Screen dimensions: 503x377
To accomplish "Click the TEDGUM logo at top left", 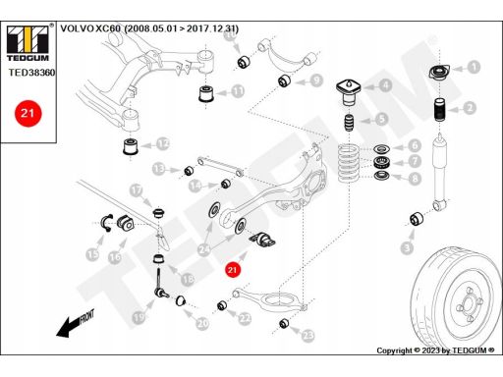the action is coord(28,43).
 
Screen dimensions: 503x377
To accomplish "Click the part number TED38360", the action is coord(31,73).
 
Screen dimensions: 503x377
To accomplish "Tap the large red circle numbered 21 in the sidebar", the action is coord(28,113).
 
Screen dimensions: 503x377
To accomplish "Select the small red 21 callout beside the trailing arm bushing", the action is coord(232,270).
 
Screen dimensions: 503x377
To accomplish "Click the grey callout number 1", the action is coord(474,67).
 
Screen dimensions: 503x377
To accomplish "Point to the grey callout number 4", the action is coord(386,85).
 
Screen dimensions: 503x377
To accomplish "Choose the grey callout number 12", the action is coord(163,143).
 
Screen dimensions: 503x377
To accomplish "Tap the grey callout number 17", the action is coord(137,190).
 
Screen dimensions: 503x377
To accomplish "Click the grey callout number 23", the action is coord(307,335).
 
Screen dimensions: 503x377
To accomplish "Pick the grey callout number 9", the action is coord(316,81).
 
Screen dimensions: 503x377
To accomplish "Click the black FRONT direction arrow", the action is coord(75,323).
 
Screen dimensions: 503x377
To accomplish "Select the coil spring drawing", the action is coord(349,163).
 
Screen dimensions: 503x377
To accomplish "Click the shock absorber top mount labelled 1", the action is coord(439,72).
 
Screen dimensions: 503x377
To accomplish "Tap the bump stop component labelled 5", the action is coord(349,122).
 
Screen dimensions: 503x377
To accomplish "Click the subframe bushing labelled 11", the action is coord(206,93).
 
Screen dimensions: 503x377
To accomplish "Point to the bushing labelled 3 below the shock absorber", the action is coord(417,219).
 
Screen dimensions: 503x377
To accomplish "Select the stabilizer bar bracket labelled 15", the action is coord(107,223).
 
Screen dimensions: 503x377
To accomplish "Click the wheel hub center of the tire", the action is coord(469,306).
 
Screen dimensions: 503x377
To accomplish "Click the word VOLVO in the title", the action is coord(77,28).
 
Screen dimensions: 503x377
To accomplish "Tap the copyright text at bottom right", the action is coord(435,350).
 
